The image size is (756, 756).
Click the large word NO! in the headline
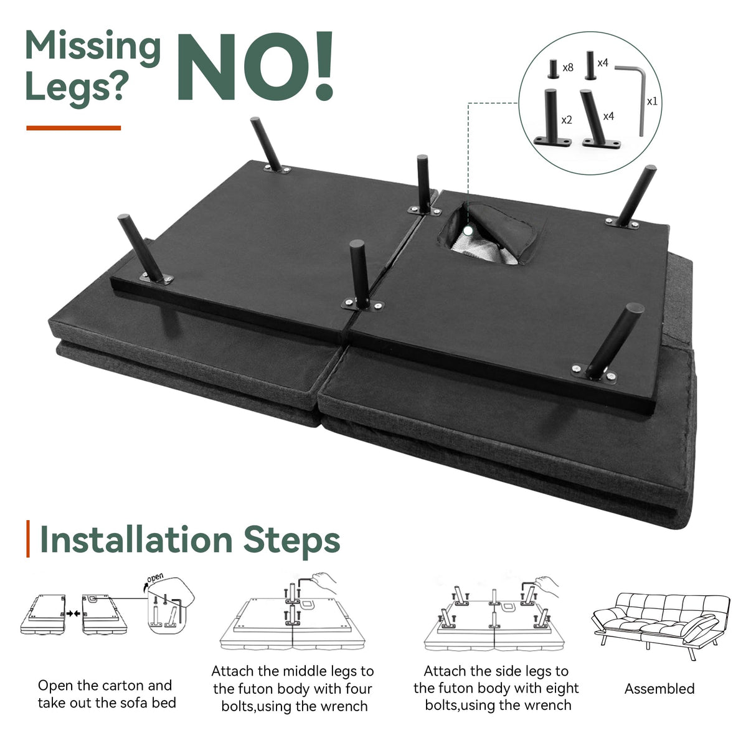pos(255,66)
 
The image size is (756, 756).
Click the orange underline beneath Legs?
pos(73,128)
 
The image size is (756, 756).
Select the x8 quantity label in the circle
pos(568,68)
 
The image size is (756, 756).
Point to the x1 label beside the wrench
pos(652,102)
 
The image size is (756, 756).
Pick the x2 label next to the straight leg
pos(567,120)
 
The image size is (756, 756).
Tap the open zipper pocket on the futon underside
pos(487,234)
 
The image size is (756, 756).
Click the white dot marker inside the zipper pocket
pos(468,231)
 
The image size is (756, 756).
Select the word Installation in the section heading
pos(136,541)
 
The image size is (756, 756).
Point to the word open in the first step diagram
pos(155,579)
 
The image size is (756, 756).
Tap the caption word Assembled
pos(659,689)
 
